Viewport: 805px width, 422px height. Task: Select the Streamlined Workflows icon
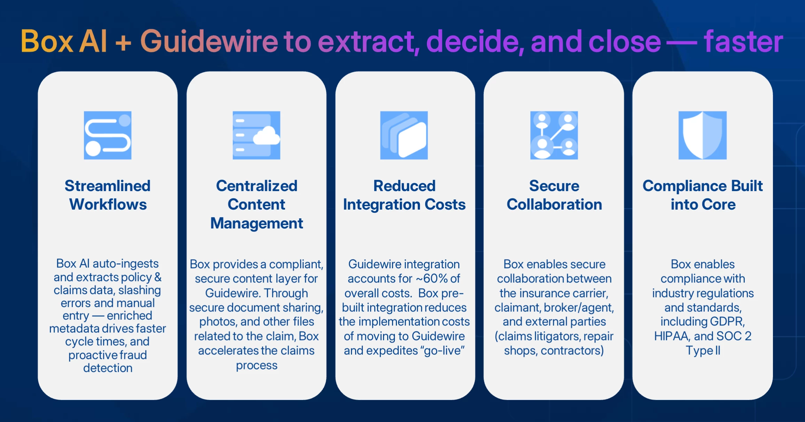pos(108,135)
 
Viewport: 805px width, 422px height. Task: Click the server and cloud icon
pos(256,135)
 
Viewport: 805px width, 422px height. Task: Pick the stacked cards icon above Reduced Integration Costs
pos(404,135)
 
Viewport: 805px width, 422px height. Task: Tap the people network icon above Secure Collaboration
pos(554,135)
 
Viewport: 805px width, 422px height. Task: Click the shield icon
pos(703,135)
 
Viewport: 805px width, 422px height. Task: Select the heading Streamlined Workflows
pos(108,195)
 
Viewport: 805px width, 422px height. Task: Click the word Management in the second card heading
pos(257,223)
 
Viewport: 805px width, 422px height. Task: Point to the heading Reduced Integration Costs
pos(404,195)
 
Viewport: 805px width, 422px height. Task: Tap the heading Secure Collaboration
pos(554,195)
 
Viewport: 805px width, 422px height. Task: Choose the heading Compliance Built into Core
pos(703,195)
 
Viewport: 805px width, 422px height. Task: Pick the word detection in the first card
pos(108,368)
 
